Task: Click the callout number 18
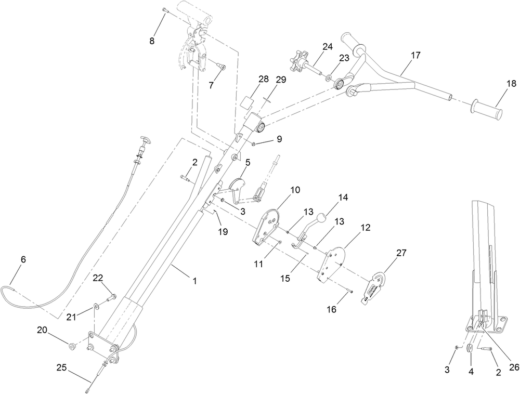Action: click(511, 84)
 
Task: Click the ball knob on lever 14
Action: click(321, 219)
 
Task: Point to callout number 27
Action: click(401, 253)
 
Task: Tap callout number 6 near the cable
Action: click(23, 260)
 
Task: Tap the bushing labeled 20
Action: click(72, 346)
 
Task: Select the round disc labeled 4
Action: click(470, 349)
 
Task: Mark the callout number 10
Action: click(295, 190)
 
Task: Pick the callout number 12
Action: click(366, 228)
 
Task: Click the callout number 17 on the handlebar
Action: click(415, 55)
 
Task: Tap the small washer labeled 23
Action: click(328, 77)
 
